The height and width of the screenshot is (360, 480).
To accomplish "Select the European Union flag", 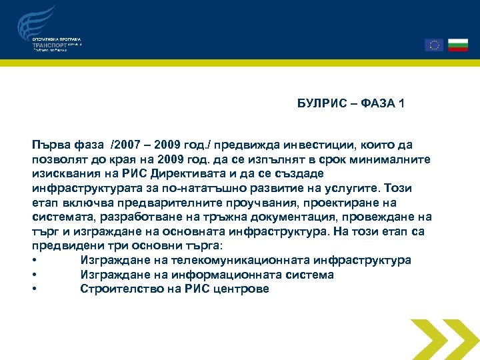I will pyautogui.click(x=434, y=45).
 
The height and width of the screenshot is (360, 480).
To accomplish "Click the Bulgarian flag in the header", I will pyautogui.click(x=458, y=45).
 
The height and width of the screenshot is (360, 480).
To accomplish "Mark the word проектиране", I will pyautogui.click(x=315, y=203).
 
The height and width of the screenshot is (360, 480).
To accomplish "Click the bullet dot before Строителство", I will pyautogui.click(x=34, y=289).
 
